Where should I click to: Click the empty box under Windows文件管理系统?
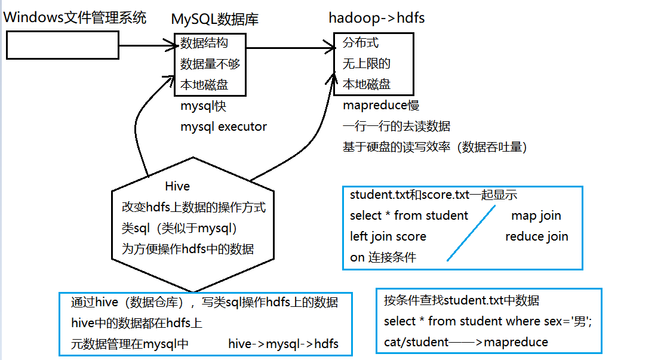(x=63, y=45)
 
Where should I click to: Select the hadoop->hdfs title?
(x=377, y=18)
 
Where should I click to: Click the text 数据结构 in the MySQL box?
(x=204, y=43)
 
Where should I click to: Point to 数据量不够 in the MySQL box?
(x=210, y=64)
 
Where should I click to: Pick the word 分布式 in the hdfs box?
(x=361, y=43)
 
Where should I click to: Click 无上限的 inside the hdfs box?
(x=367, y=64)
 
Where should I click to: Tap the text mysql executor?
(x=224, y=127)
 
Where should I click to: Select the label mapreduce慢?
(x=381, y=106)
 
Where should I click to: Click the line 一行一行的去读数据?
(x=396, y=127)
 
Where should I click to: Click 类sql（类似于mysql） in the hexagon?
(x=180, y=229)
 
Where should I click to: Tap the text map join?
(x=536, y=216)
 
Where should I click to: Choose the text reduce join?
(x=537, y=236)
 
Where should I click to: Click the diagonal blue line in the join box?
(x=472, y=233)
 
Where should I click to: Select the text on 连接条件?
(x=383, y=257)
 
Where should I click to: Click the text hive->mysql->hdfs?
(x=283, y=343)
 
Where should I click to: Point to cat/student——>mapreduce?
(x=466, y=342)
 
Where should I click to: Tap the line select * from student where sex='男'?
(x=488, y=321)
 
